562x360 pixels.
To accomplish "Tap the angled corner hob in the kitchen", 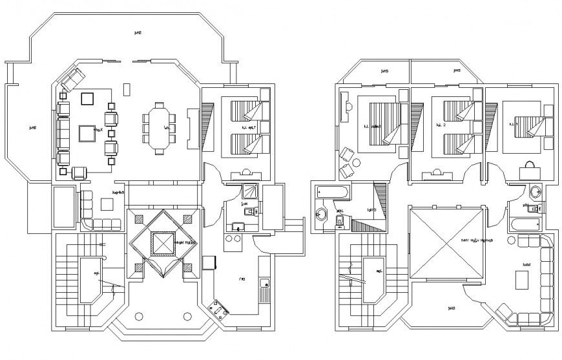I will [219, 310].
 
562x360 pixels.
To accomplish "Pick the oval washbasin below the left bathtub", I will [322, 215].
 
